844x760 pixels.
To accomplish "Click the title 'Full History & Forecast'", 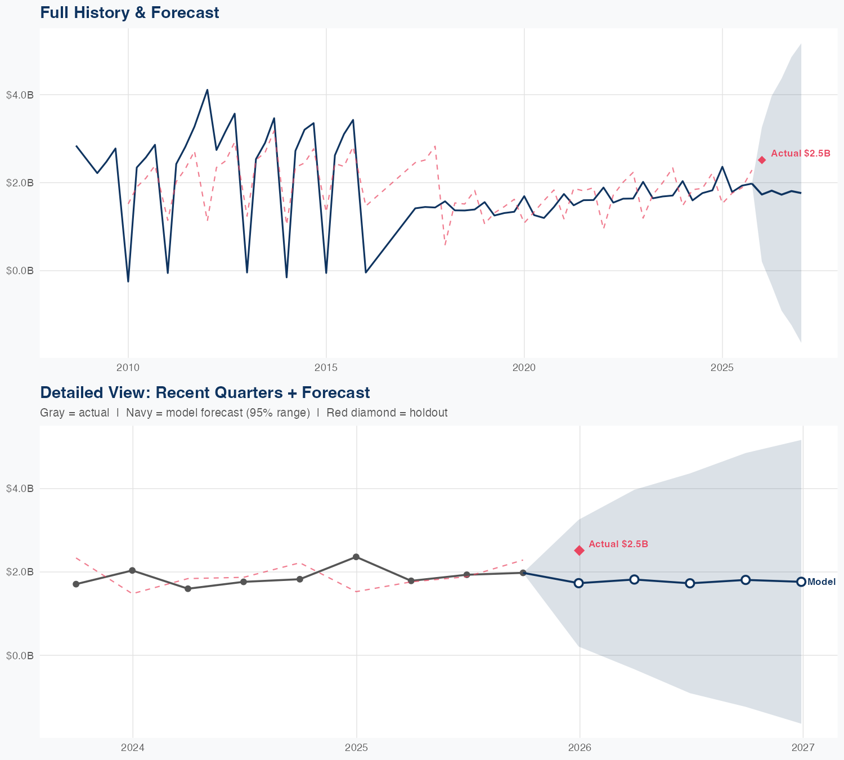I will point(129,12).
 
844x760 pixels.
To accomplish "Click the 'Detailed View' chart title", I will point(205,392).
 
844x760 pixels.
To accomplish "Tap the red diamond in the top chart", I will point(762,160).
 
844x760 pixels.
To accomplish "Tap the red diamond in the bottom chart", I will point(580,550).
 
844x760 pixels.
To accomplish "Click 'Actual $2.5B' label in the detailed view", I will point(618,544).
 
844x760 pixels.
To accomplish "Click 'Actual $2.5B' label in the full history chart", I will point(800,153).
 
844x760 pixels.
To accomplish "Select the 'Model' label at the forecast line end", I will point(821,582).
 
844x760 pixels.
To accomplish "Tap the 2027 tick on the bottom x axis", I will point(803,748).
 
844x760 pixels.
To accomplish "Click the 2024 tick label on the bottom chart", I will point(133,748).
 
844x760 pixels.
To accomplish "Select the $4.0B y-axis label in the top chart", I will point(20,95).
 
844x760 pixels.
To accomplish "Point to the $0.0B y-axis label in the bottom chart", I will point(20,656).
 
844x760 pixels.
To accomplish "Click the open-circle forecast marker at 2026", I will point(579,583).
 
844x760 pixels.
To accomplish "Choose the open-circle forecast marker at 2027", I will point(801,582).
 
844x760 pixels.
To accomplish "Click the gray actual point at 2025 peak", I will point(356,557).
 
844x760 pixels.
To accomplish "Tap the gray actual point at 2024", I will point(132,570).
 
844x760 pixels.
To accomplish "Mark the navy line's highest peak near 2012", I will point(207,90).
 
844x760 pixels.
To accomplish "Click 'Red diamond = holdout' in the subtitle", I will point(387,413).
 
